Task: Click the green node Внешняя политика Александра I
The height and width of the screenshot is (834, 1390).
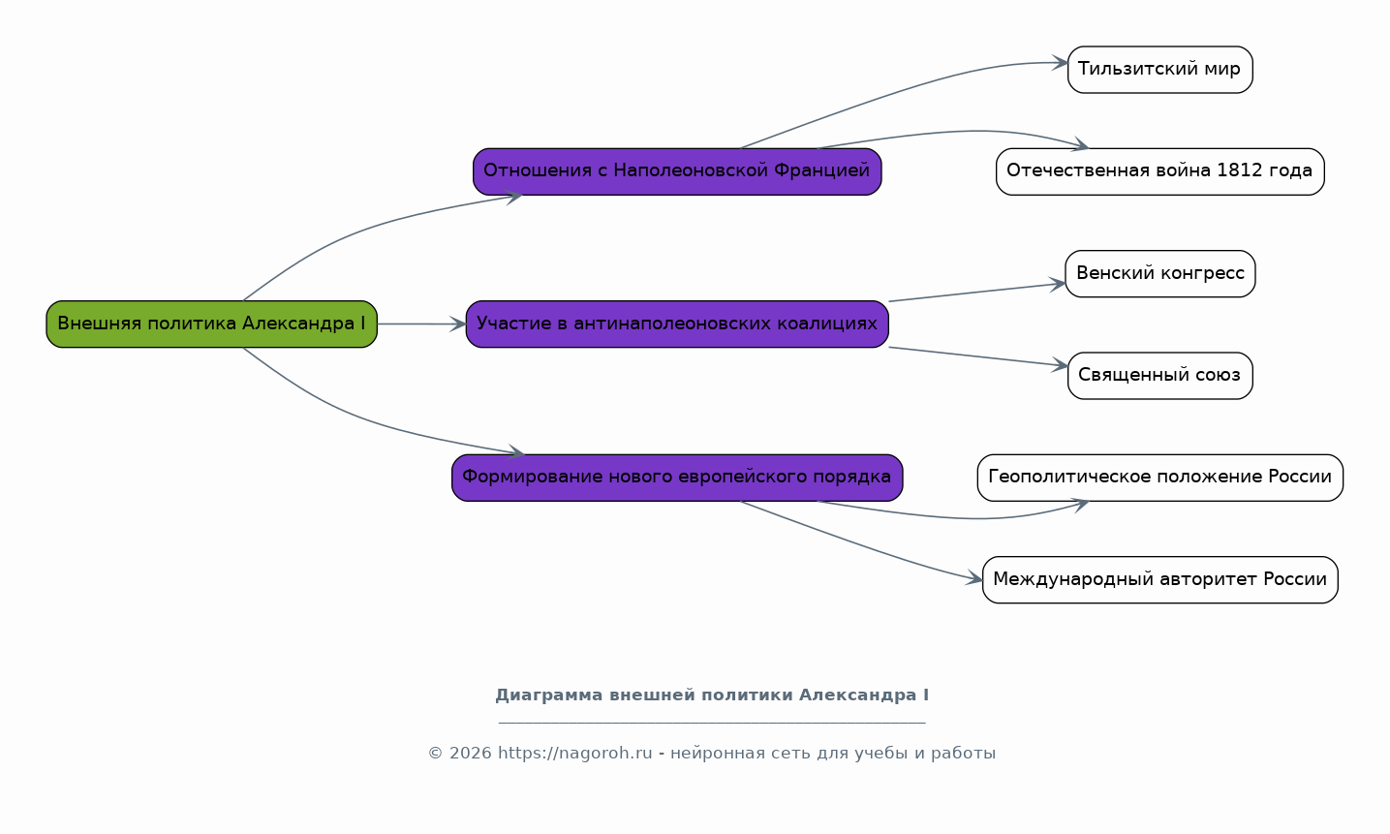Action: pos(211,324)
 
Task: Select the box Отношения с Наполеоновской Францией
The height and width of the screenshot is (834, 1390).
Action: pos(676,171)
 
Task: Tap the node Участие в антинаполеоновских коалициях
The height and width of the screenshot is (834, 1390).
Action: pos(676,324)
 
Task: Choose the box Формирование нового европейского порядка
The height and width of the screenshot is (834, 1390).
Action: pos(676,477)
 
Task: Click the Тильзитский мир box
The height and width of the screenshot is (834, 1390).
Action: pos(1159,70)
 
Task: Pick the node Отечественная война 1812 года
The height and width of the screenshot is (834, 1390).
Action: pos(1159,171)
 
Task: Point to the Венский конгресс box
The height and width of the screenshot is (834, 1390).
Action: pos(1159,273)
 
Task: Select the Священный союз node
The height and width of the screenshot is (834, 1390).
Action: pos(1159,375)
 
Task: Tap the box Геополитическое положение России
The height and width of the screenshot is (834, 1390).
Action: pos(1159,477)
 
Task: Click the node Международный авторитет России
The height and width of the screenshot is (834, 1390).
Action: pos(1159,579)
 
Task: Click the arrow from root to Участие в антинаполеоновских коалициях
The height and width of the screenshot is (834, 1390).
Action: pos(421,324)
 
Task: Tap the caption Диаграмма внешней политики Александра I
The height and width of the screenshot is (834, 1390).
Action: pos(712,695)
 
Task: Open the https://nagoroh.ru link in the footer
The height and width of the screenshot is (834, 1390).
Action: pos(574,754)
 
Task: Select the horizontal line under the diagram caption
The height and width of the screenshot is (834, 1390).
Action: pos(712,723)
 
